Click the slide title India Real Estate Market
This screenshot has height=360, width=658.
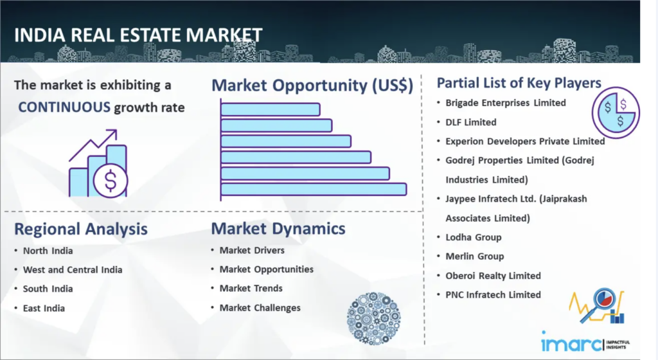[138, 35]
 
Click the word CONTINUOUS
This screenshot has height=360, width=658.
[64, 107]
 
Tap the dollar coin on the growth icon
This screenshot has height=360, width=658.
[111, 181]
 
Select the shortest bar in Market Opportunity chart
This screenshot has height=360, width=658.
[271, 109]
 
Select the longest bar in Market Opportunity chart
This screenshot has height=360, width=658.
[314, 189]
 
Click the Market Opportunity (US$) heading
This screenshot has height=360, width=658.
[312, 85]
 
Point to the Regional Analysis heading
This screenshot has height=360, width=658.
[81, 229]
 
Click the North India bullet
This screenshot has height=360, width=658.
[48, 251]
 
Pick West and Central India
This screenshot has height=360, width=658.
[73, 270]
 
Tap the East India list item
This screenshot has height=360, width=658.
[44, 309]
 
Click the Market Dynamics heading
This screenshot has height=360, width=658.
[278, 229]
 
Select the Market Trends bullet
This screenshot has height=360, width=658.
[251, 288]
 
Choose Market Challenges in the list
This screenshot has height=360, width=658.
[260, 308]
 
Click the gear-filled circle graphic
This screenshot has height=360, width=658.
[373, 318]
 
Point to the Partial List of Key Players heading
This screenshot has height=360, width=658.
[519, 83]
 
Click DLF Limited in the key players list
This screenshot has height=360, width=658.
[471, 123]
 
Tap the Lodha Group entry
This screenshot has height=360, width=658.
[474, 237]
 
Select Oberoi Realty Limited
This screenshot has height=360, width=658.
[493, 276]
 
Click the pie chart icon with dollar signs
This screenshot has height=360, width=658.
[616, 113]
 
